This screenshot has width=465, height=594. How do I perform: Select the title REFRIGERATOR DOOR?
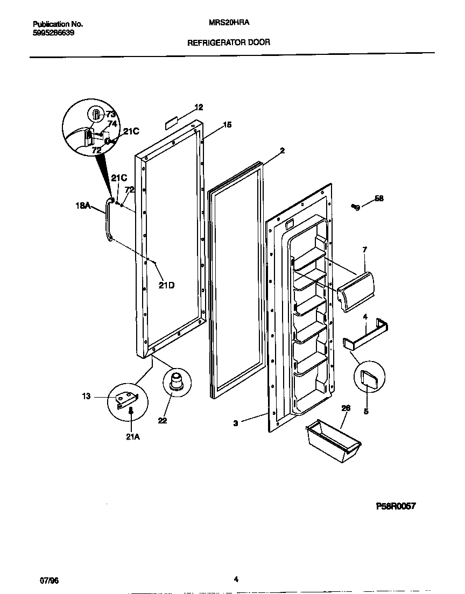(228, 42)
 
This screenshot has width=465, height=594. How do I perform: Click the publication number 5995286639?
(54, 32)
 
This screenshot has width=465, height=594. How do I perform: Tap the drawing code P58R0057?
(396, 506)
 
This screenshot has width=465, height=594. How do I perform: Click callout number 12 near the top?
(199, 107)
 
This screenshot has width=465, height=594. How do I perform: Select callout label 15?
(227, 125)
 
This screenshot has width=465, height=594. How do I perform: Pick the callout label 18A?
(83, 205)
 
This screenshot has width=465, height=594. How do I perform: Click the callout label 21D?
(166, 286)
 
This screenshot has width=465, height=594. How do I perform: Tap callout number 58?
(379, 199)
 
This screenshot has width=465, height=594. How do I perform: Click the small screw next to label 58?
(356, 206)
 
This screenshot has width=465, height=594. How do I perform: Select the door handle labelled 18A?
(109, 220)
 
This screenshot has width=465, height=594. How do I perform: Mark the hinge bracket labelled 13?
(128, 399)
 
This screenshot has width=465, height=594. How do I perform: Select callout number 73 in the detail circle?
(111, 114)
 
